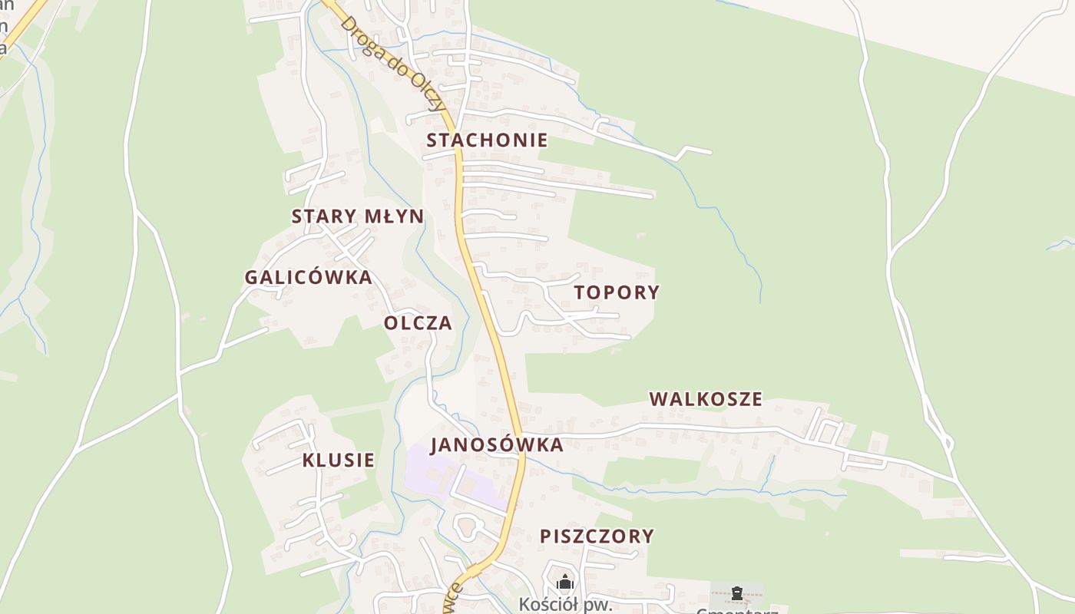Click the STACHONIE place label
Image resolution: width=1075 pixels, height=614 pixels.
pos(487,140)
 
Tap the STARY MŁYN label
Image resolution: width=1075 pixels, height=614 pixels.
pos(357,216)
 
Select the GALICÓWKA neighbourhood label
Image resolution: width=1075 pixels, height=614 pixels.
pos(308,277)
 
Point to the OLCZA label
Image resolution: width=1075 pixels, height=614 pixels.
pos(418,323)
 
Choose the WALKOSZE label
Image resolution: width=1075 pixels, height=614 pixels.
pos(706,399)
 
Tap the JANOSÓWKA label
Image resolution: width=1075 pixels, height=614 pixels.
pos(496,445)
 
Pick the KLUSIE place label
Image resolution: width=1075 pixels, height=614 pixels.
pos(339,460)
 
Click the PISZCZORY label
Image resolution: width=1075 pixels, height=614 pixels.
pos(597,536)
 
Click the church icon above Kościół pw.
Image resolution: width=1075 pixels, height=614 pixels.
pos(565,582)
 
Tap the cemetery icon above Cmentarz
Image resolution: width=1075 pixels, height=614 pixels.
pos(737,593)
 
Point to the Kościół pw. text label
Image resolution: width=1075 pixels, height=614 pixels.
pos(565,604)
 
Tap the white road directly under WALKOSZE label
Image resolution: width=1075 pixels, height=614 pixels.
pos(706,426)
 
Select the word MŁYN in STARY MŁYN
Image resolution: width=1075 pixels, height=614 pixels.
pos(393,216)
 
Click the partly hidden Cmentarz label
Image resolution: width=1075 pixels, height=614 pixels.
pos(737,610)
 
